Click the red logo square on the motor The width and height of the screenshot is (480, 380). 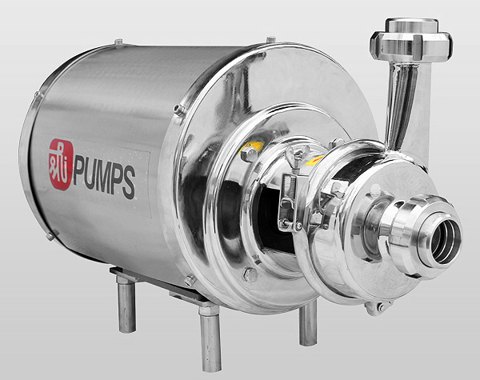(62, 165)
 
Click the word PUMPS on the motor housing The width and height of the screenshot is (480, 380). (104, 182)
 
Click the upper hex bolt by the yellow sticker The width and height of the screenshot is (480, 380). (249, 154)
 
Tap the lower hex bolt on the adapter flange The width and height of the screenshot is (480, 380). (250, 274)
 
